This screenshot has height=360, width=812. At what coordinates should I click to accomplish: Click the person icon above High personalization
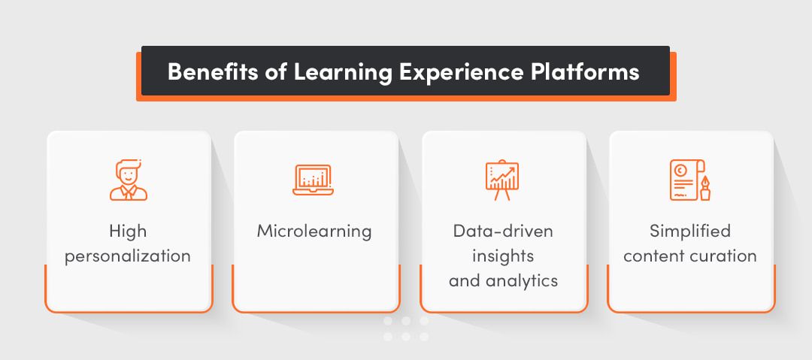pyautogui.click(x=128, y=180)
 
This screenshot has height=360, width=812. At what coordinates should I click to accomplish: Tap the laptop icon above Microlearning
pyautogui.click(x=314, y=180)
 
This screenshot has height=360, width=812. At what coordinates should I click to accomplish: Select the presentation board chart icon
pyautogui.click(x=501, y=180)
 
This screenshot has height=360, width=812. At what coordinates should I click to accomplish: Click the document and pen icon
pyautogui.click(x=689, y=180)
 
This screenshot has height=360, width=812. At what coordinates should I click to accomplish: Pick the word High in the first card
pyautogui.click(x=127, y=231)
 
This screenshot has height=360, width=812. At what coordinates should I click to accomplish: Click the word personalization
pyautogui.click(x=127, y=256)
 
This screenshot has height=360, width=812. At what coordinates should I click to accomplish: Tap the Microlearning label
pyautogui.click(x=314, y=231)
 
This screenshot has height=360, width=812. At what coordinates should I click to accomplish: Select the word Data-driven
pyautogui.click(x=503, y=231)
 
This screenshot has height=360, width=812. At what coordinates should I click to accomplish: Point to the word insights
pyautogui.click(x=503, y=256)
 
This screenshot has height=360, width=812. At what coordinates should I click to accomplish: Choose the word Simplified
pyautogui.click(x=690, y=231)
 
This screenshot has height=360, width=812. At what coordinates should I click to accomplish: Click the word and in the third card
pyautogui.click(x=464, y=281)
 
